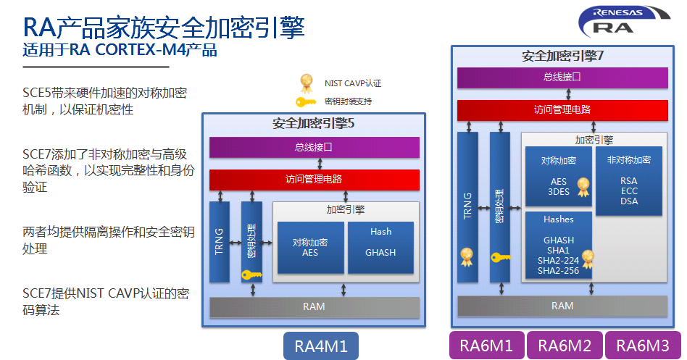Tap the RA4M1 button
[320, 346]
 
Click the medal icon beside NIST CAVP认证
[307, 82]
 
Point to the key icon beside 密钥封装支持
[306, 101]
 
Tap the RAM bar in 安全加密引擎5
[314, 307]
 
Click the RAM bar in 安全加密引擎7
[562, 306]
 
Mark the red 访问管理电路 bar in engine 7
[562, 110]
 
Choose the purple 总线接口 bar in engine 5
[314, 147]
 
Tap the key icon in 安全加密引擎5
[251, 275]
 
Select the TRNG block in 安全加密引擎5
[219, 242]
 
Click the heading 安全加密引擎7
[563, 56]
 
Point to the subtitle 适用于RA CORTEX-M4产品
[120, 51]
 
